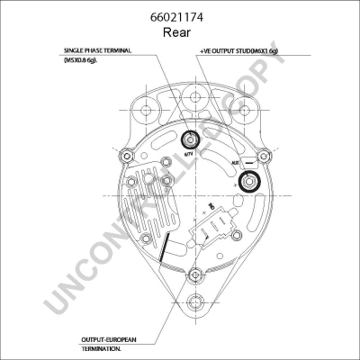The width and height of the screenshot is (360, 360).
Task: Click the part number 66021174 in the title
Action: [180, 16]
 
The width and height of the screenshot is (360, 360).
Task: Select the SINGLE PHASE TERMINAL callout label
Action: [97, 51]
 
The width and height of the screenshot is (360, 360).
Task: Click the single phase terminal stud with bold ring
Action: [191, 139]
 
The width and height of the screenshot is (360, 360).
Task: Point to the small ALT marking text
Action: [234, 163]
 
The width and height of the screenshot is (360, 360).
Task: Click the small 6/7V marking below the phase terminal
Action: [188, 157]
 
